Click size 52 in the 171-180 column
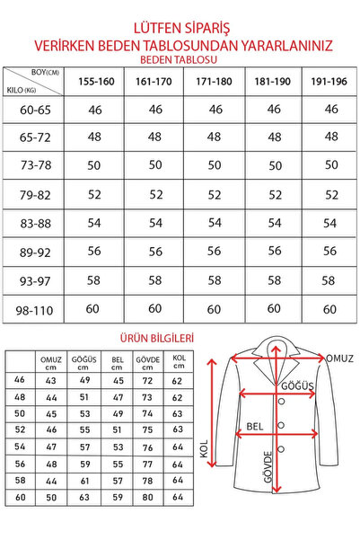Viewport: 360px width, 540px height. coord(209,195)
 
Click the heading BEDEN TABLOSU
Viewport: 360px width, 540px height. coord(180,57)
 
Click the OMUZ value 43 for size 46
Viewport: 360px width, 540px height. coord(51,381)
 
